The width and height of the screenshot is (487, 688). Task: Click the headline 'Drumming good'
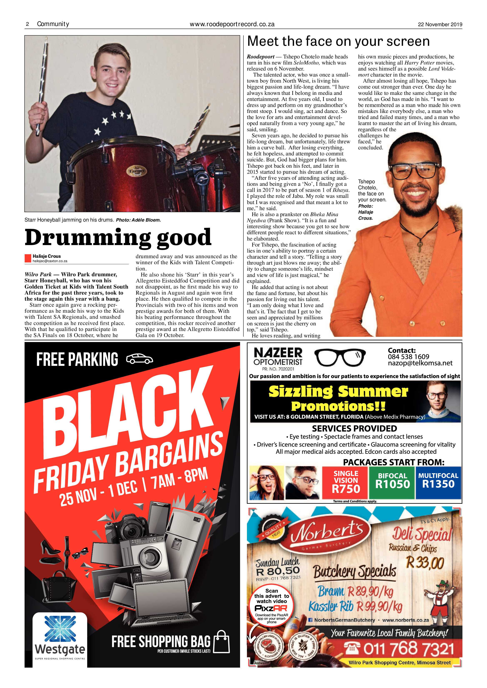click(118, 237)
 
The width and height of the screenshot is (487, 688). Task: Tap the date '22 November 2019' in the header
click(440, 25)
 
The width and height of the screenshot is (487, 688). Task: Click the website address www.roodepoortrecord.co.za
click(232, 24)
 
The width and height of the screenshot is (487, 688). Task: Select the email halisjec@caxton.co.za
click(50, 261)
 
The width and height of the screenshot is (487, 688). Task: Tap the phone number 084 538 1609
click(409, 357)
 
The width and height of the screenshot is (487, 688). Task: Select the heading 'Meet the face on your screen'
click(338, 41)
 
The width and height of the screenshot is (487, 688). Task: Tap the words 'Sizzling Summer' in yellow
click(338, 391)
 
